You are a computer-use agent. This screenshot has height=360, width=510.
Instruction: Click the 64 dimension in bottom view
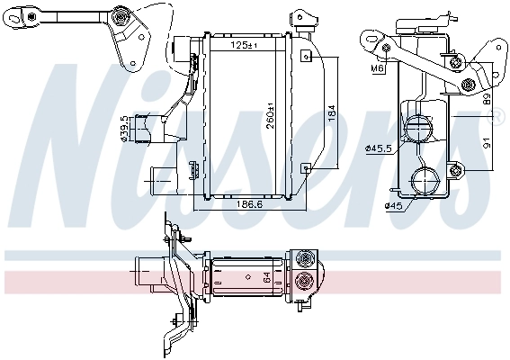(x=265, y=278)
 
